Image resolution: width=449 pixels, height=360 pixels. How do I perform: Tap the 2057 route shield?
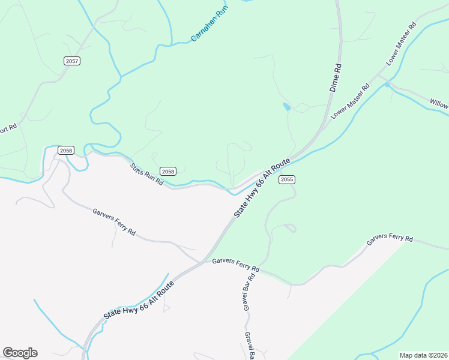(x=71, y=61)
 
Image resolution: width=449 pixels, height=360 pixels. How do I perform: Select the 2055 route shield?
(x=287, y=179)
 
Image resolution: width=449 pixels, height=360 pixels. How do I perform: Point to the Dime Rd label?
(x=335, y=79)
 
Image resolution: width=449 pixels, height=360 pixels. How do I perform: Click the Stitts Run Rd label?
(x=147, y=173)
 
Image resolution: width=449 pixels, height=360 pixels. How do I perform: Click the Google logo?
(x=20, y=353)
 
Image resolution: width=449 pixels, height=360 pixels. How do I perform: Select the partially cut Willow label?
(x=439, y=103)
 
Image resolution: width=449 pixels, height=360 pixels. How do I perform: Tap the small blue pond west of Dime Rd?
(x=286, y=107)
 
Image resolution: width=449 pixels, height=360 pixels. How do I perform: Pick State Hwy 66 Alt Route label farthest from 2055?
(x=139, y=299)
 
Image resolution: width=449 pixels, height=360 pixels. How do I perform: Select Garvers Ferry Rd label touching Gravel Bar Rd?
(x=236, y=265)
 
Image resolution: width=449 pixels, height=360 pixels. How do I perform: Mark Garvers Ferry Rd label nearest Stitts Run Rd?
(x=114, y=221)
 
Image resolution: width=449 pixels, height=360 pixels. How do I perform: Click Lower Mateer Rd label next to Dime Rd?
(x=350, y=101)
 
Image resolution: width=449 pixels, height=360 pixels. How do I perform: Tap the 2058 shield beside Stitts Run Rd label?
(x=168, y=171)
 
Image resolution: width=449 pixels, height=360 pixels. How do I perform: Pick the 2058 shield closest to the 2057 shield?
(x=65, y=150)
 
